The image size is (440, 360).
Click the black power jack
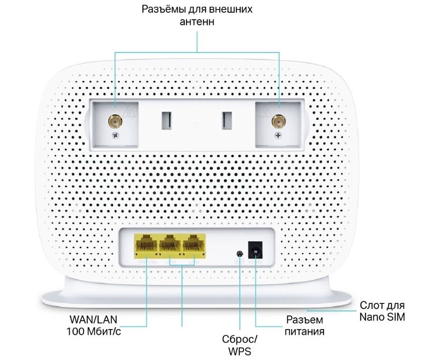255,249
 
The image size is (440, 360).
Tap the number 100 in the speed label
76,332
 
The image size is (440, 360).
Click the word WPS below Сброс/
239,351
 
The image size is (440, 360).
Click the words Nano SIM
382,317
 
